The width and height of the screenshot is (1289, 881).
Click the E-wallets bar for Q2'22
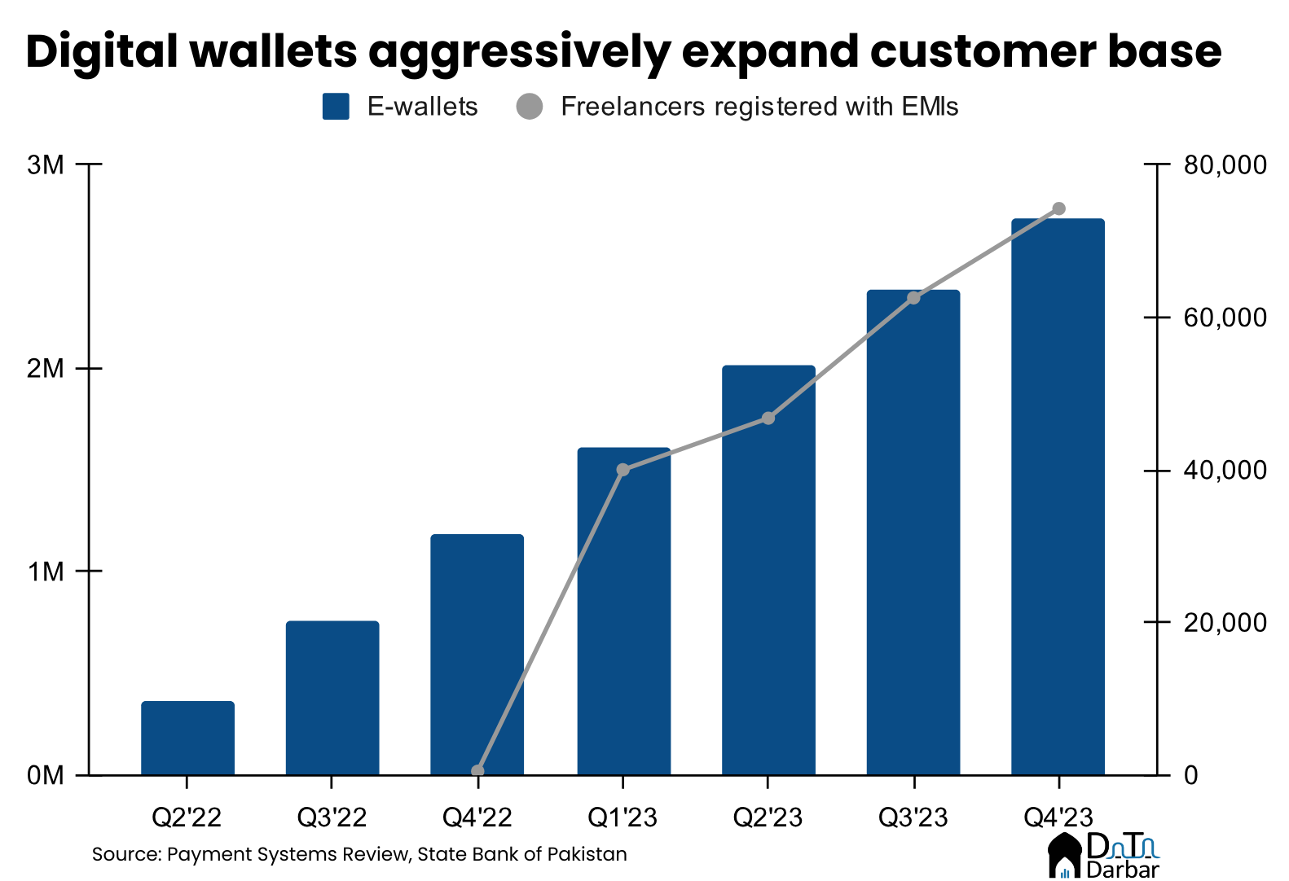(187, 738)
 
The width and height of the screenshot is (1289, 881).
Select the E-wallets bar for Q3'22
(332, 698)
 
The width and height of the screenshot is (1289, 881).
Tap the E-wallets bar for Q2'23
(768, 570)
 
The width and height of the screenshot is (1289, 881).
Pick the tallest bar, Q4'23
(1058, 497)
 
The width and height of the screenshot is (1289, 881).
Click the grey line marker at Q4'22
(478, 771)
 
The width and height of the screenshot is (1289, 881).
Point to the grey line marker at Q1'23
(623, 470)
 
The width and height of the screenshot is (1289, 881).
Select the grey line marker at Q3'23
(913, 298)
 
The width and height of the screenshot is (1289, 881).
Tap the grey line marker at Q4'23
(1058, 208)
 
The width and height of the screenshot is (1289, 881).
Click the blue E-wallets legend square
(336, 107)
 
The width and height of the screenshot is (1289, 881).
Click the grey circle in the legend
(530, 107)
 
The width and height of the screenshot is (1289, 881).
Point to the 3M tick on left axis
(46, 164)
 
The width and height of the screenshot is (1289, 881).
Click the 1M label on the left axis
(46, 571)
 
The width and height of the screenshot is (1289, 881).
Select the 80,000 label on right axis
(1225, 164)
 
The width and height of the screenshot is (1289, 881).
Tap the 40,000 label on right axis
(1225, 470)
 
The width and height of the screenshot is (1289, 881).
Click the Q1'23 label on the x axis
(623, 817)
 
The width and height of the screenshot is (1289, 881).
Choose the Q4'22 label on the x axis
(477, 817)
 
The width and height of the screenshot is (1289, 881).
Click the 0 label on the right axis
(1190, 774)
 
